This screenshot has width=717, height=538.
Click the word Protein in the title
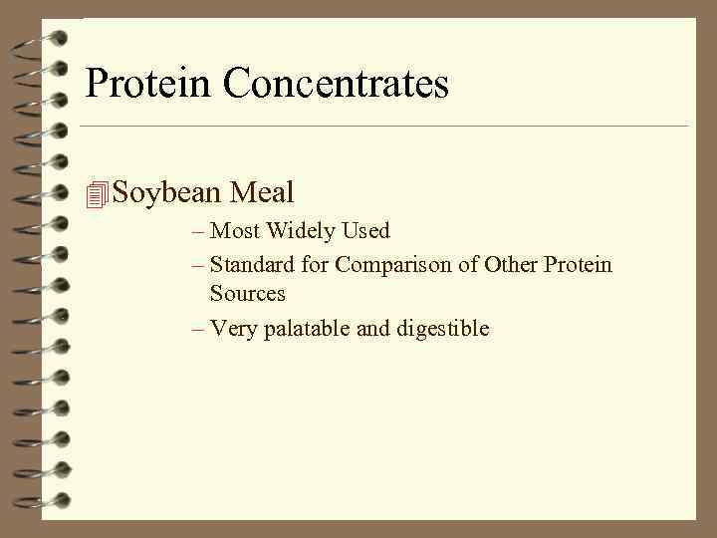(x=149, y=84)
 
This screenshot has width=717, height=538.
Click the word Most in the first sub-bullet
(x=235, y=231)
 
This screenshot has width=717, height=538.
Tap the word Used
(x=366, y=231)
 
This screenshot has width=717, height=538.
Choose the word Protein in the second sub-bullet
(x=579, y=265)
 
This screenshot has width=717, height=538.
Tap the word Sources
(x=247, y=294)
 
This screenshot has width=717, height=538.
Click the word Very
(x=234, y=328)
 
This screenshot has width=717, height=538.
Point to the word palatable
(x=304, y=328)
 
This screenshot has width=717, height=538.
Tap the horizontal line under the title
(x=383, y=127)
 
